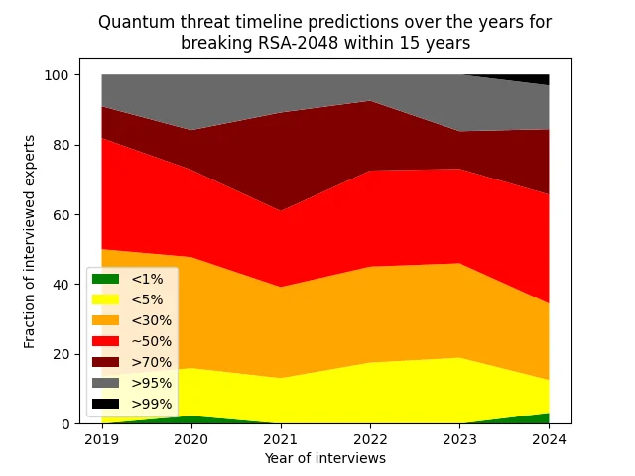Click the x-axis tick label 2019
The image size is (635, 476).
(x=102, y=439)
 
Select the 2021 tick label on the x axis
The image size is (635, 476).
(x=281, y=439)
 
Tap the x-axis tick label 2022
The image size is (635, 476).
(x=370, y=439)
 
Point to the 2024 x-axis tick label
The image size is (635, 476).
(x=549, y=439)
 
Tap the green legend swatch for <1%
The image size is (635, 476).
(x=105, y=279)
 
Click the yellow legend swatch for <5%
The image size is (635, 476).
(x=105, y=299)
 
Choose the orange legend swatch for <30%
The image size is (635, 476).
(x=105, y=320)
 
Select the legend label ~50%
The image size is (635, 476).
(x=151, y=341)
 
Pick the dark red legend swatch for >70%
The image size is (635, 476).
(x=105, y=362)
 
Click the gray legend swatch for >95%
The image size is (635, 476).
(x=105, y=383)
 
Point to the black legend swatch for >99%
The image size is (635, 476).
(x=105, y=404)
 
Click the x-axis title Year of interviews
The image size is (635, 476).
(x=324, y=458)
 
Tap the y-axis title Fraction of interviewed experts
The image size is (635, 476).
(x=31, y=241)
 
